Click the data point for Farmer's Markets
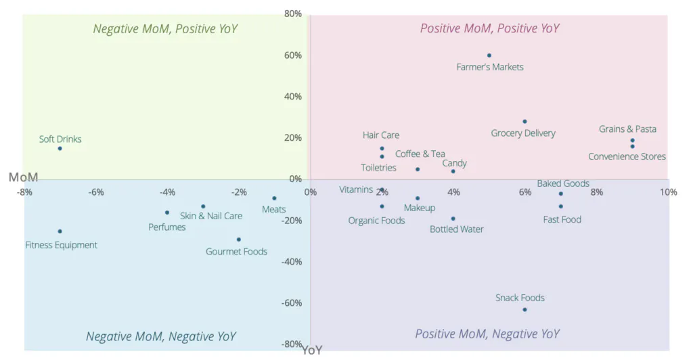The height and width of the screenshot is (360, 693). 489,55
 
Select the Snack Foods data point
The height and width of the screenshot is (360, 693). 524,309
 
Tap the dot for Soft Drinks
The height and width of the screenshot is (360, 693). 60,148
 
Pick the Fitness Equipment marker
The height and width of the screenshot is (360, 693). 60,231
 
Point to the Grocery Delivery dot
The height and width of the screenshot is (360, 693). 524,122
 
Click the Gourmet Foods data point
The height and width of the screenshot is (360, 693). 239,240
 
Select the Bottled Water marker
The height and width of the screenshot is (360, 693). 453,219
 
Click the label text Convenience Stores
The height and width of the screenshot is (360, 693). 627,156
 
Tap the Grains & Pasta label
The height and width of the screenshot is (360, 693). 627,129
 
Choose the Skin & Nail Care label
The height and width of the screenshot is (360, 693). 211,217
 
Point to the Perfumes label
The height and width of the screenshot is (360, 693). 167,227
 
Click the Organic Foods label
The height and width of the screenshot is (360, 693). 376,221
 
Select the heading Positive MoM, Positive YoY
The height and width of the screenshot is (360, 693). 489,28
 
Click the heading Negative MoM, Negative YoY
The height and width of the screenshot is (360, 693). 161,336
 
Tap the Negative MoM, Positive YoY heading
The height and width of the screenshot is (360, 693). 165,28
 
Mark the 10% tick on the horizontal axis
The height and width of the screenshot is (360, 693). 668,192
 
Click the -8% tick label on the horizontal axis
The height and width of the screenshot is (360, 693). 24,192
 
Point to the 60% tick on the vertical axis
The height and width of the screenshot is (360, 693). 292,55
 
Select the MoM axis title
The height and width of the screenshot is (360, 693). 23,177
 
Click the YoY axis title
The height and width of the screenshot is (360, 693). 312,351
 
